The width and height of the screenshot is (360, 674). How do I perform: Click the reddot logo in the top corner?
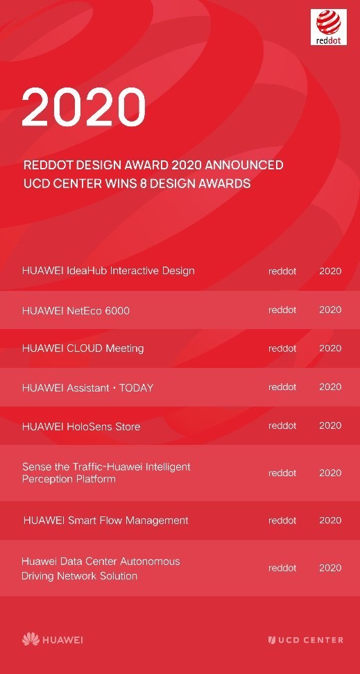pos(329,28)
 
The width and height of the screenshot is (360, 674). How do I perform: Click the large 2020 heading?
pos(83,108)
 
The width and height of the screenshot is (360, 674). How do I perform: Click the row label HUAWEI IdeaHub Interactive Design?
pos(108,271)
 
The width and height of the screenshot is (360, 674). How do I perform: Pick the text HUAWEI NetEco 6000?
pos(76,310)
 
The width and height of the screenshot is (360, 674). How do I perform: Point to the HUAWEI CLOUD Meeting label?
pos(83,348)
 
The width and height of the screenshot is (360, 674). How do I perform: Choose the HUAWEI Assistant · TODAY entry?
pos(87,387)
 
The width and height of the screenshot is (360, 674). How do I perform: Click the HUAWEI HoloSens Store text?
pos(81,426)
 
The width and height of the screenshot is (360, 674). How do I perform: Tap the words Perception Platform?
pos(69,480)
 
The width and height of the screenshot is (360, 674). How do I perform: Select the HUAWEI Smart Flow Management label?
pos(105,521)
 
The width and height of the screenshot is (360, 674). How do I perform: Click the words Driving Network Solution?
pos(79,576)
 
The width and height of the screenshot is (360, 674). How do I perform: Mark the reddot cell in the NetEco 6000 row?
pos(282,310)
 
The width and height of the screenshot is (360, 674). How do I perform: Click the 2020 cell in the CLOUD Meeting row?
pos(330,348)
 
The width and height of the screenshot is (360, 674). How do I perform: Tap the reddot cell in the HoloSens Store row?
pos(282,426)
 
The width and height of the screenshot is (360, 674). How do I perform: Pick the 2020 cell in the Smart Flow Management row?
pos(330,521)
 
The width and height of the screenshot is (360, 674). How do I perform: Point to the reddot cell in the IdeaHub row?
pos(282,271)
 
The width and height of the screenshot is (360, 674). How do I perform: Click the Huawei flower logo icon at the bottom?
pos(31,639)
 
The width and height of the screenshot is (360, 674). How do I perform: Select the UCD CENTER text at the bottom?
pos(310,640)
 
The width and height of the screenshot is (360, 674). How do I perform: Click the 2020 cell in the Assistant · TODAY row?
pos(330,387)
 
